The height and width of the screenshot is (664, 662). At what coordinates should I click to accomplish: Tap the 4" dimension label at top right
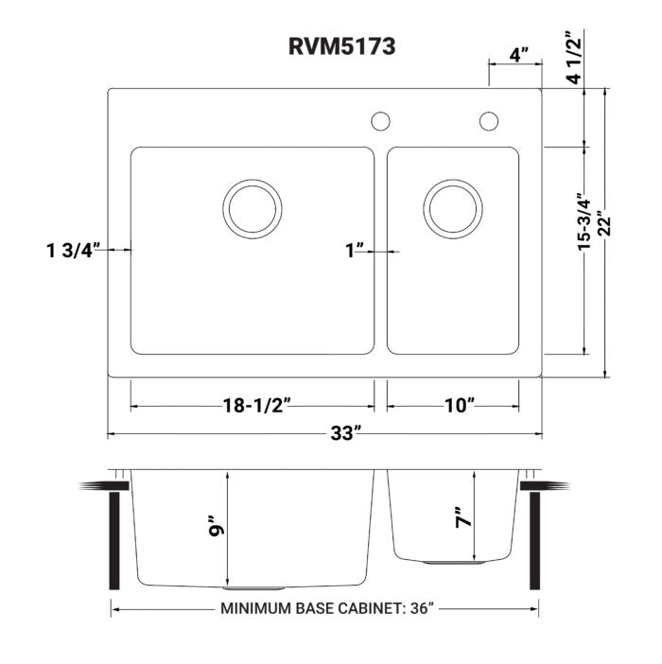click(x=518, y=54)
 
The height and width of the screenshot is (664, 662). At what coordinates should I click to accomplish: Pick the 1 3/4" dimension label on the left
click(x=73, y=251)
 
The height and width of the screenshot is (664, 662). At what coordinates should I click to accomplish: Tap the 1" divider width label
click(x=355, y=251)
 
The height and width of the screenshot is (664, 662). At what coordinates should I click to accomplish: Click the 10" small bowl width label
click(x=459, y=406)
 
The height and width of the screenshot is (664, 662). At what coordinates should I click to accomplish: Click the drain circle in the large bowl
click(x=253, y=208)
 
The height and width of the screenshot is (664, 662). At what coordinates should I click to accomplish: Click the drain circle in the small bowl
click(x=453, y=208)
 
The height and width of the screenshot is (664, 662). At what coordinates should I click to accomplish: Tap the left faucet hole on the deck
click(x=380, y=121)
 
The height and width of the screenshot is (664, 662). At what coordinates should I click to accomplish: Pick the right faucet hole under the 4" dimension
click(x=489, y=121)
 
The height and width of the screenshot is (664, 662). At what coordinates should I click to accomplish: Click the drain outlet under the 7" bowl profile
click(x=453, y=562)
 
